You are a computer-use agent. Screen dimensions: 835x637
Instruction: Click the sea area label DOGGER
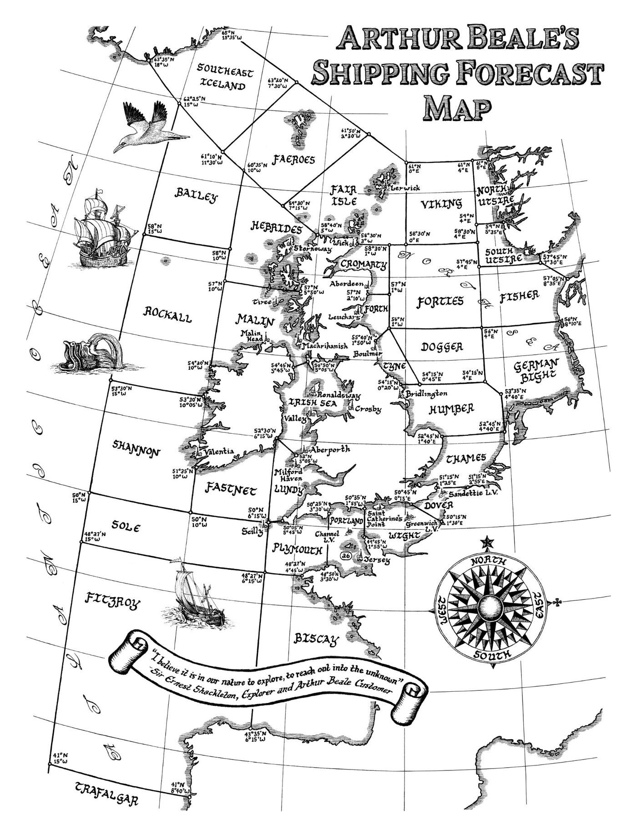click(442, 347)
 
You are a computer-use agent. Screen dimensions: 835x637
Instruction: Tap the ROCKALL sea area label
click(168, 314)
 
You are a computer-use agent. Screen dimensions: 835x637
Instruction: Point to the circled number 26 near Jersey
click(345, 556)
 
